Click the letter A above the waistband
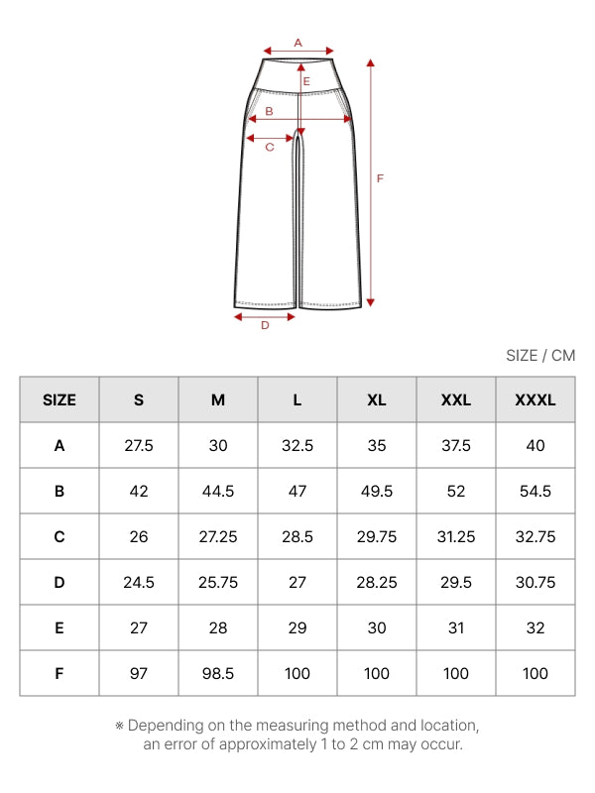tap(298, 43)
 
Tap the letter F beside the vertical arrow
tap(380, 178)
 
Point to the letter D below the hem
tap(265, 326)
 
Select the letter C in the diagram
tap(270, 147)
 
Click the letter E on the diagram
tap(306, 81)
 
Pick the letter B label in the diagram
tap(269, 111)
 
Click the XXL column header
tap(456, 400)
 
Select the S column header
tap(139, 400)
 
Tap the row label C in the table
tap(59, 536)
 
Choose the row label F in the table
tap(59, 674)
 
